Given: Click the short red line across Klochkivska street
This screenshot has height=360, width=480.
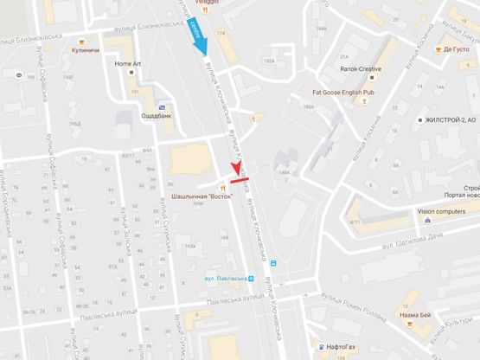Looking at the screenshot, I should click(x=240, y=170).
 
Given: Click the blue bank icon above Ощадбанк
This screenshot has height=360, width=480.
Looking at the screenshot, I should click(x=138, y=106).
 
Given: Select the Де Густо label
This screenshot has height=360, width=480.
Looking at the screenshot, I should click(x=456, y=49).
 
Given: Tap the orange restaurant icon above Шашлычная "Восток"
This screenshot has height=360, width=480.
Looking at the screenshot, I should click(x=222, y=185).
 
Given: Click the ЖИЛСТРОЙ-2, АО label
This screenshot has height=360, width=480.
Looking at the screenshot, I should click(x=443, y=121).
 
